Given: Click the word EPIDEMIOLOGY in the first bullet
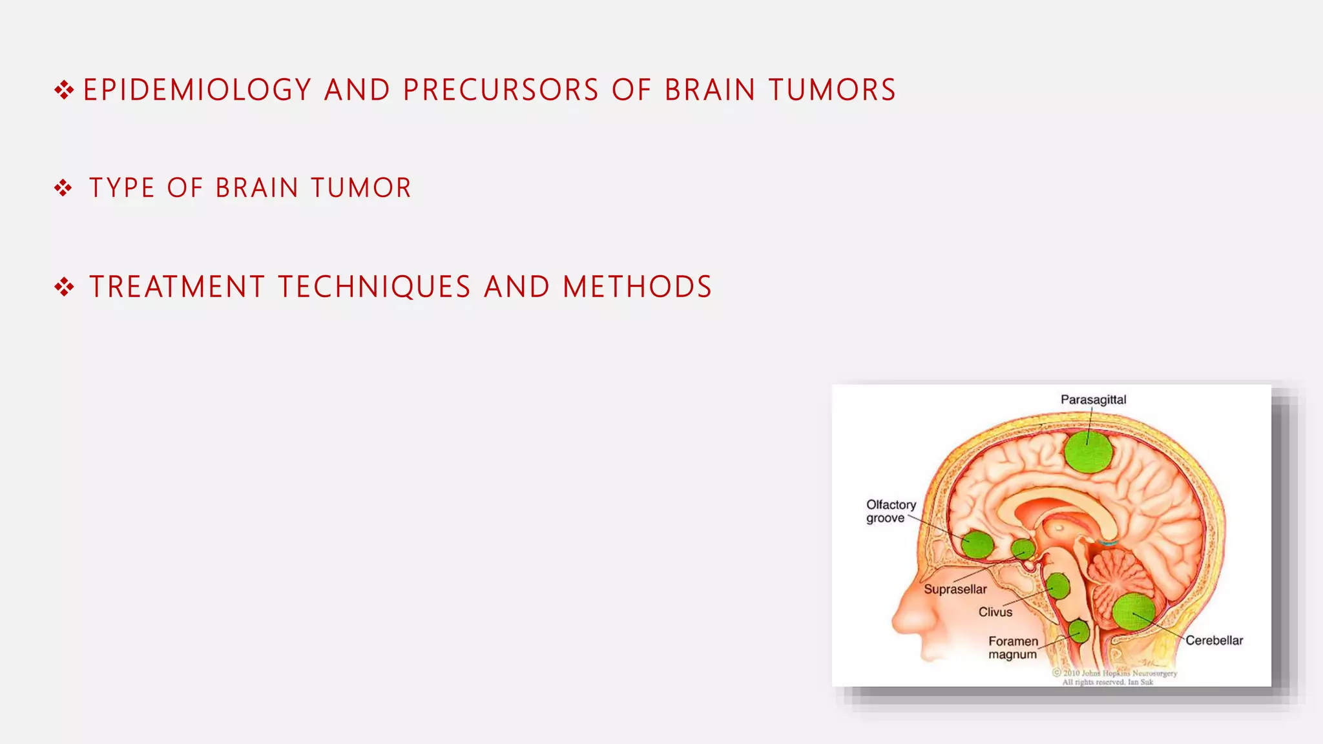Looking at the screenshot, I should (x=198, y=90).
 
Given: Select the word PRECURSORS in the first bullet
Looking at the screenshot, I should (x=501, y=90).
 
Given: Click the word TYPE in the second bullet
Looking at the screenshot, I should (x=122, y=188).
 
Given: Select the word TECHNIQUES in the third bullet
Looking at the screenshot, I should (x=375, y=287).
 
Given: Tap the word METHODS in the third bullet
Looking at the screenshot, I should (x=637, y=287).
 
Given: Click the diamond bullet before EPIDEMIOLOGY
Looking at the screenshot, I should (x=64, y=90).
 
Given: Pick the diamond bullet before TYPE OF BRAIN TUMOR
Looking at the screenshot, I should (x=63, y=188).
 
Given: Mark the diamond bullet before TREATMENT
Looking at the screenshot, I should (x=64, y=287).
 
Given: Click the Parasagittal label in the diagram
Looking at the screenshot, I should (x=1093, y=400).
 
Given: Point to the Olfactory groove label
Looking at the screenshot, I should (x=890, y=511).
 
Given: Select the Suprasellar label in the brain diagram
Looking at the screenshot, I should (x=955, y=589).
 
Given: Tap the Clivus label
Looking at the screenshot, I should (x=995, y=612).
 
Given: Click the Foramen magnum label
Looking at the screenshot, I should (x=1013, y=647).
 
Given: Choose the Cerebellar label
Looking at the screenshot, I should (x=1214, y=640).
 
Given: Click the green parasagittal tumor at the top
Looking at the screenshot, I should (x=1089, y=451).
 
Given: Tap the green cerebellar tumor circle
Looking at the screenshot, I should (x=1134, y=612).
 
